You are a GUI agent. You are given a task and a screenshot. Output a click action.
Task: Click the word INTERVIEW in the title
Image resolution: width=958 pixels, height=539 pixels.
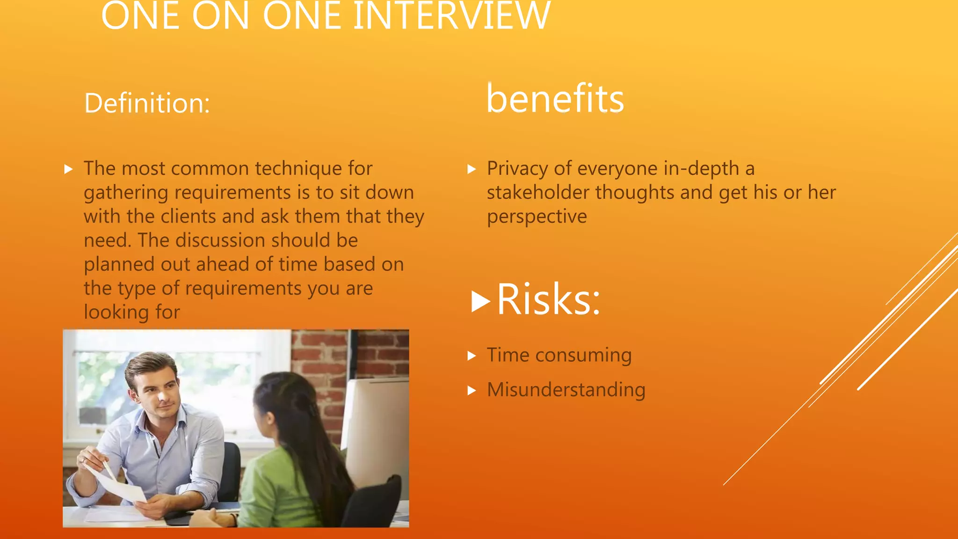tap(452, 17)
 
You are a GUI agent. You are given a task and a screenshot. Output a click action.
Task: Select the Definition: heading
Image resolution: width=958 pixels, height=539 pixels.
tap(147, 103)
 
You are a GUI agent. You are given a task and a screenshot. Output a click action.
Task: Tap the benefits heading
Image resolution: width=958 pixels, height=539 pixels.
tap(555, 99)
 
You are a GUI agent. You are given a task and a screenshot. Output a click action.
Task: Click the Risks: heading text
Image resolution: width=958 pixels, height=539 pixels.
tap(548, 299)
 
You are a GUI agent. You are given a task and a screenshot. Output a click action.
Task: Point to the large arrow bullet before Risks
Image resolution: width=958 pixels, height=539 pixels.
tap(480, 301)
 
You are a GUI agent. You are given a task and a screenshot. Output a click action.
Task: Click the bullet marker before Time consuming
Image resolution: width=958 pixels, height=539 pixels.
tap(472, 356)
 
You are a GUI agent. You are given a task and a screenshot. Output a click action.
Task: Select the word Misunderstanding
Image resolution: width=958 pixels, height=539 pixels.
tap(566, 390)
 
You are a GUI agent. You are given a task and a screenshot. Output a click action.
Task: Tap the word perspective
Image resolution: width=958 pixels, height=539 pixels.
tap(537, 217)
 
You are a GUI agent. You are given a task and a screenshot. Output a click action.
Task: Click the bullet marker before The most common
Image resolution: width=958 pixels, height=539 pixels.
tap(69, 169)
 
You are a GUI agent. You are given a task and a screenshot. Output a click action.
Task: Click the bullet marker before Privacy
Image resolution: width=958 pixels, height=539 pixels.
tap(472, 169)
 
